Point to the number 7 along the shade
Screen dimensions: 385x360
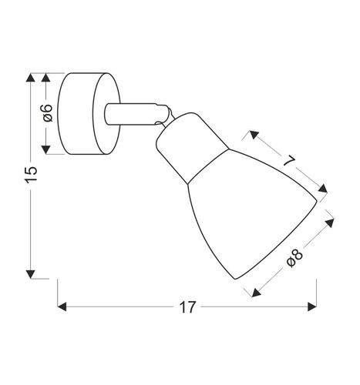(x=288, y=162)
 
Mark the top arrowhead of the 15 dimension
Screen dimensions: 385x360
(x=31, y=78)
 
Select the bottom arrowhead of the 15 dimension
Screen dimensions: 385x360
(x=31, y=272)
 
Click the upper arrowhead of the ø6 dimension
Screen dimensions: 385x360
(x=47, y=78)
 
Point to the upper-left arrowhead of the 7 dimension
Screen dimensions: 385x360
(x=253, y=135)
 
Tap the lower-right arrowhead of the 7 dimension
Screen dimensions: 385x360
(x=323, y=189)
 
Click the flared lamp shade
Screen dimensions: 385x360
(x=247, y=216)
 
